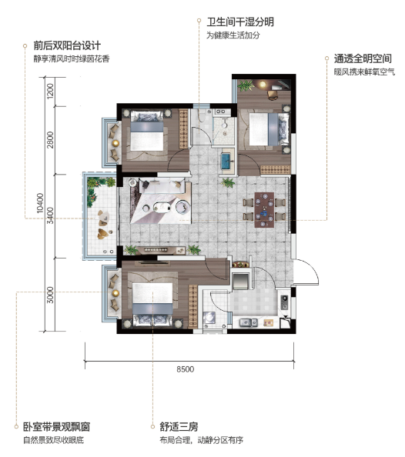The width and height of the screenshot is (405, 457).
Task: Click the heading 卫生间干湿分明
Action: tap(240, 22)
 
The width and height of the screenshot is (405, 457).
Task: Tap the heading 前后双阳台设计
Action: tap(67, 45)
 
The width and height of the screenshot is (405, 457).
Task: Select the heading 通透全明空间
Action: tap(363, 59)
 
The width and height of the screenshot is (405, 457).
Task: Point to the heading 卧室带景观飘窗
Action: tap(57, 427)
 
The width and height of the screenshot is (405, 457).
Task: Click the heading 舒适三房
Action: tap(179, 427)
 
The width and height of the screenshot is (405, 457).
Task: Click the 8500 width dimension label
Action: tap(186, 369)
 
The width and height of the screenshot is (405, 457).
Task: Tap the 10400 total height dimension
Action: tap(40, 203)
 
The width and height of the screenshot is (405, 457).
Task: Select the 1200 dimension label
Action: tap(51, 91)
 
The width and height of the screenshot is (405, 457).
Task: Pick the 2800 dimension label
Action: tap(51, 139)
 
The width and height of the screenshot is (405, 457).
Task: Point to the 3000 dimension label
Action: tap(51, 295)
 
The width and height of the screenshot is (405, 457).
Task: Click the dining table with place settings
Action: tap(264, 209)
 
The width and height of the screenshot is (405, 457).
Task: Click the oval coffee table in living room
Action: tap(162, 207)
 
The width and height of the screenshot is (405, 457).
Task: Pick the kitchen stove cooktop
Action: tap(284, 302)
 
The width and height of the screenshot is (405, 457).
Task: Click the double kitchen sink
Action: tap(249, 322)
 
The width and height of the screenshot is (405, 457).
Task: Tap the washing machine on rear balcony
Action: tap(209, 318)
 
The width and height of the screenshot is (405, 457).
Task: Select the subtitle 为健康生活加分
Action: tap(233, 35)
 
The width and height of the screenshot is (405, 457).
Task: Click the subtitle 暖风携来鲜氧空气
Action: tap(364, 72)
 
